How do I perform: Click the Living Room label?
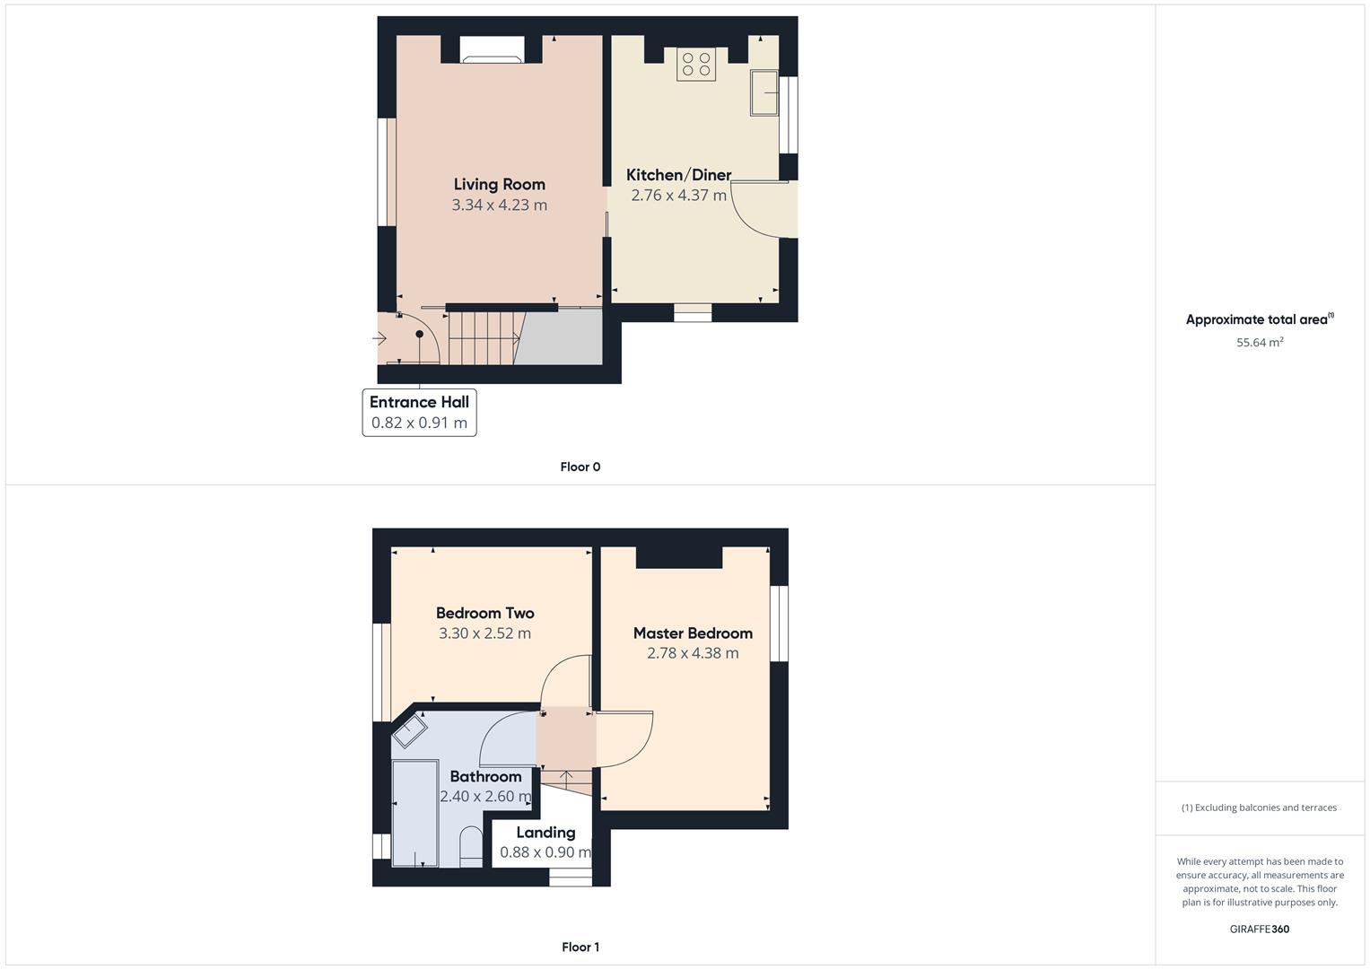(499, 184)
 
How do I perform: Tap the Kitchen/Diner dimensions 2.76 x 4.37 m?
(678, 196)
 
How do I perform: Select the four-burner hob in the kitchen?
(696, 64)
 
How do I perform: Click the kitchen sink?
(764, 92)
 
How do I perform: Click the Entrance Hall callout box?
(419, 413)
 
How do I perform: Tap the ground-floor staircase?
(483, 337)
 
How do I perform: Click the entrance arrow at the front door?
(380, 338)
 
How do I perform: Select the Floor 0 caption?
(580, 467)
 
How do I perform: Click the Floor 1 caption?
(580, 947)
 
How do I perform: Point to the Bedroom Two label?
(484, 614)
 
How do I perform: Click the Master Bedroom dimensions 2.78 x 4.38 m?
(693, 653)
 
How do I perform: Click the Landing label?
(545, 833)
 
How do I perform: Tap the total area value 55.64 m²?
(1260, 342)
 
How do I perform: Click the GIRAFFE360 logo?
(1259, 929)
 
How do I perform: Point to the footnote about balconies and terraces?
(1259, 807)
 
